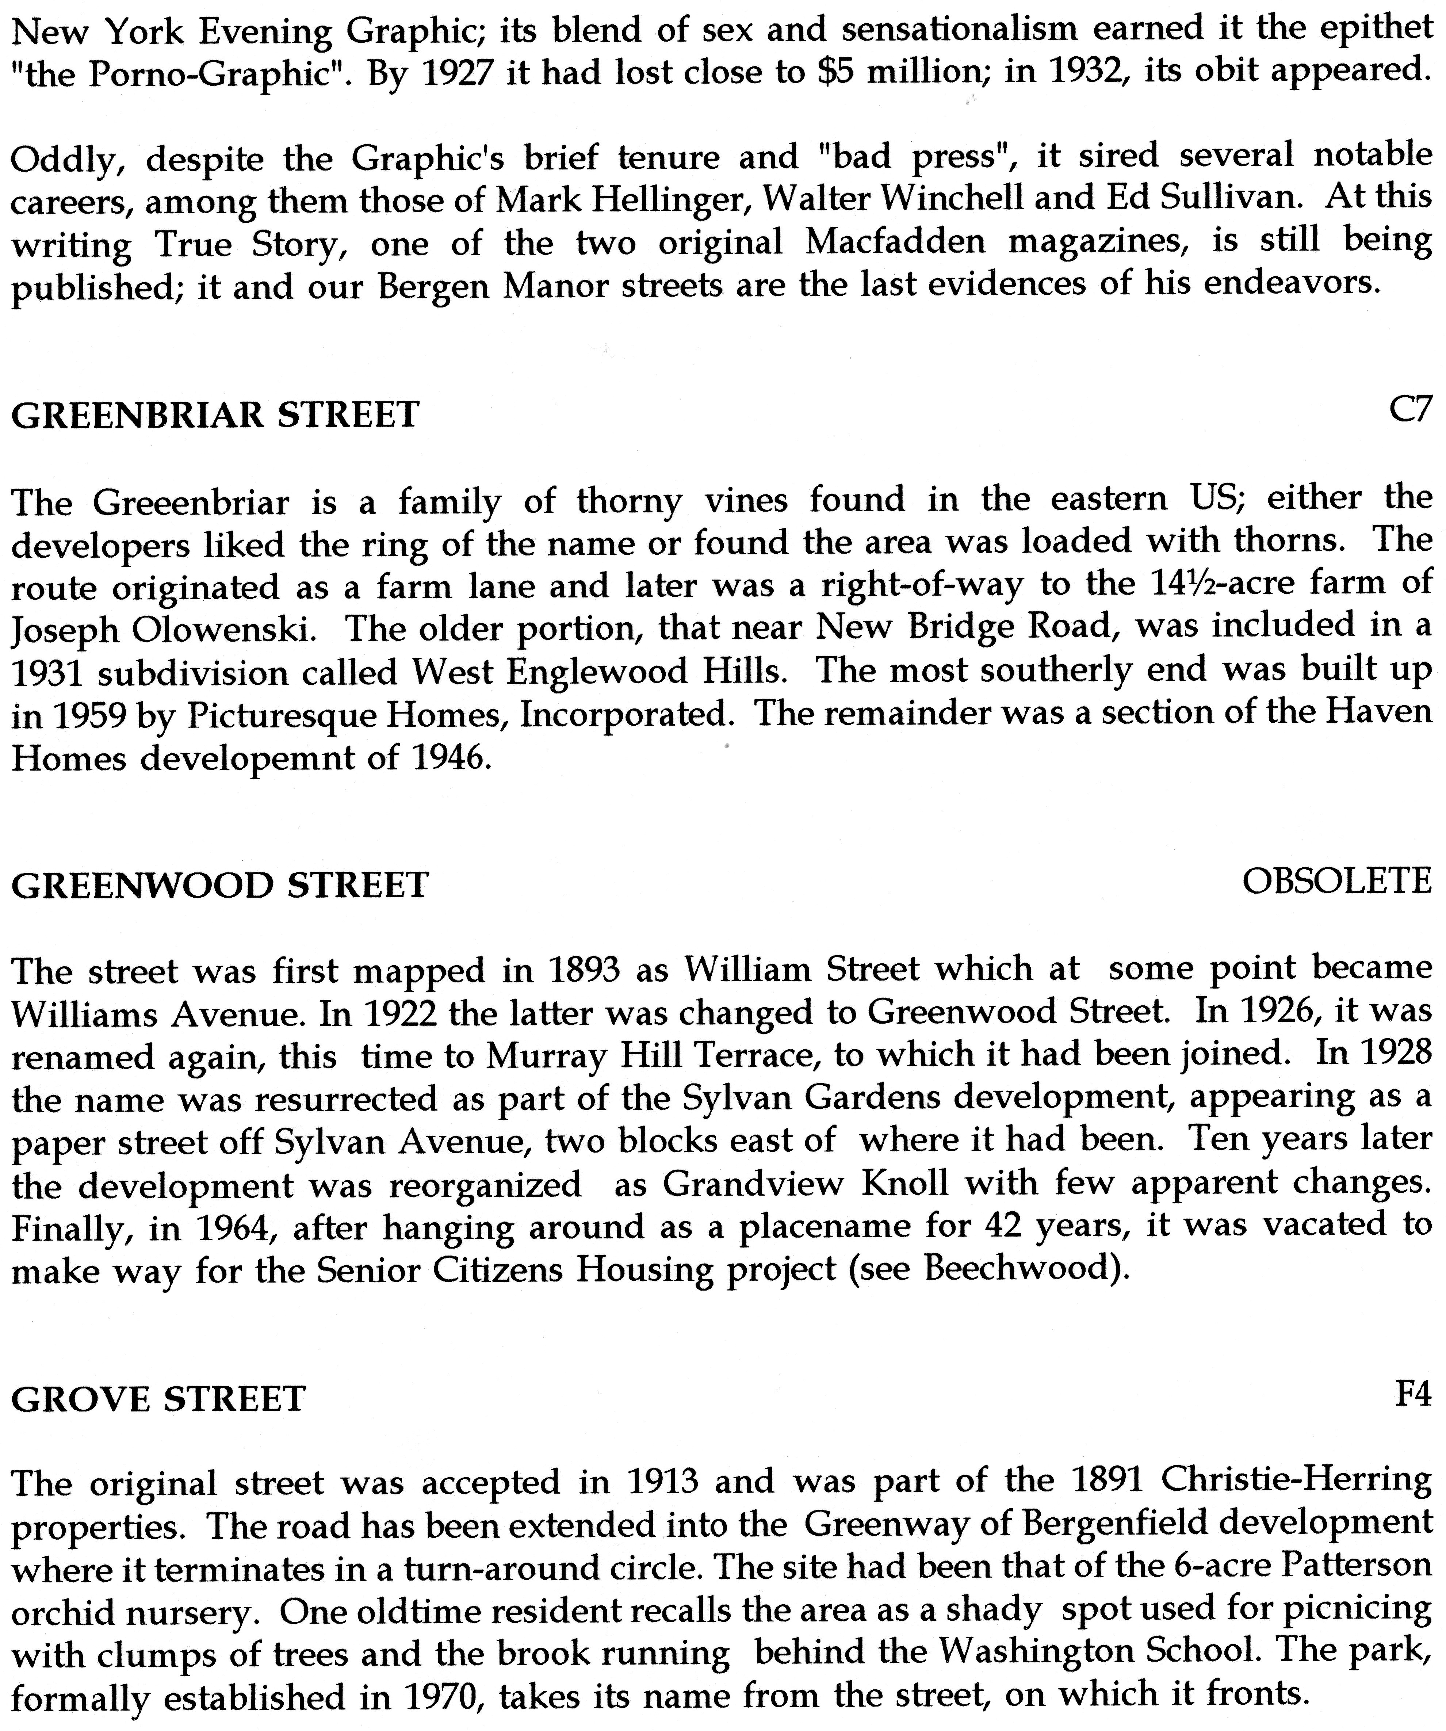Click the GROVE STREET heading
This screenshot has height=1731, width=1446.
(158, 1399)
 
